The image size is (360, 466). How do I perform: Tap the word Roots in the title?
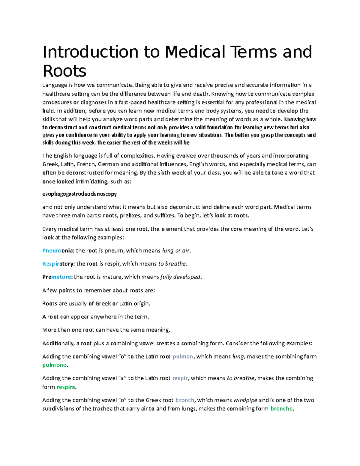(64, 71)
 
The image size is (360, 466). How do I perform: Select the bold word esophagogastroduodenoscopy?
(79, 194)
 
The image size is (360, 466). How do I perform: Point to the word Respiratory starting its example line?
(58, 264)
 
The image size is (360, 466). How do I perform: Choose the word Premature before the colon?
(56, 277)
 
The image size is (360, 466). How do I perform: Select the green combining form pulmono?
(54, 365)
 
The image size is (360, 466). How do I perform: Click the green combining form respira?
(66, 387)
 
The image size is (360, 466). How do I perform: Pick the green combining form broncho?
(281, 409)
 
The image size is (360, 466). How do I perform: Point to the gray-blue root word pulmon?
(183, 357)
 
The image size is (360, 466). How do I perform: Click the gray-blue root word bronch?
(185, 400)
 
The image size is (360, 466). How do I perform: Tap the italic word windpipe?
(245, 400)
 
